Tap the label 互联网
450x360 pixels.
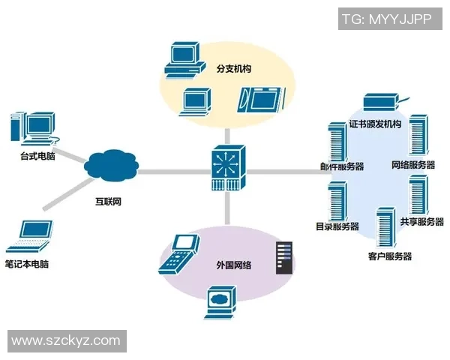pyautogui.click(x=108, y=202)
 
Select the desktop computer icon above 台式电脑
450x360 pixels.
pyautogui.click(x=32, y=129)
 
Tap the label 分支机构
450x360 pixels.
pyautogui.click(x=233, y=69)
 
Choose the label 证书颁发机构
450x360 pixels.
pyautogui.click(x=375, y=124)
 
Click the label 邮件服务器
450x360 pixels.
pyautogui.click(x=342, y=166)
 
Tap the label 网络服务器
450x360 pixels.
pyautogui.click(x=413, y=165)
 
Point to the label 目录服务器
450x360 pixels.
pyautogui.click(x=337, y=226)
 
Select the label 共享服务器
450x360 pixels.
pyautogui.click(x=421, y=221)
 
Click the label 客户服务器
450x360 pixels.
pyautogui.click(x=390, y=256)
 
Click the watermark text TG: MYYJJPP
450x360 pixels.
pyautogui.click(x=386, y=19)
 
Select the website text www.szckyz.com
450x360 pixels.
pyautogui.click(x=66, y=340)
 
